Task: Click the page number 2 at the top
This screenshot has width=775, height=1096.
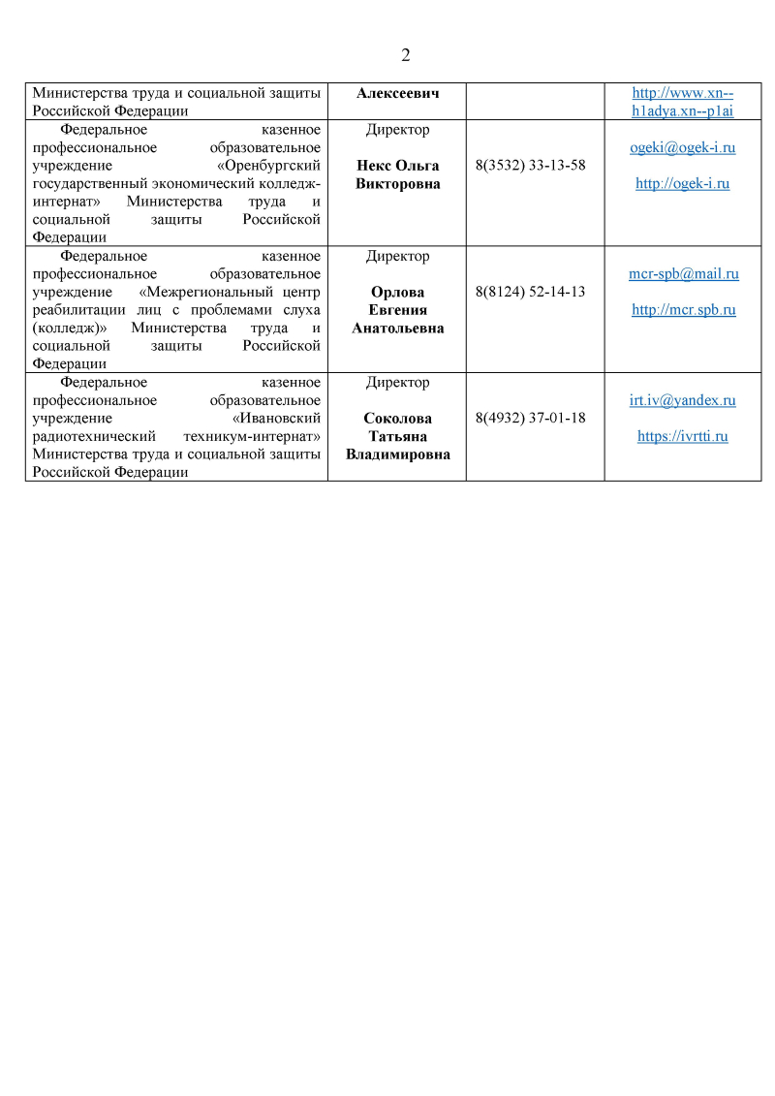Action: pos(405,55)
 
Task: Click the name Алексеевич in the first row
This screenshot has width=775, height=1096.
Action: pos(397,93)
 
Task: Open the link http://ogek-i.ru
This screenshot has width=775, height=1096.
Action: pos(682,183)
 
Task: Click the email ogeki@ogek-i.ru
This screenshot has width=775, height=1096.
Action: pos(682,148)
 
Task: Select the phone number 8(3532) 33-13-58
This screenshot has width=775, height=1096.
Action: pos(531,165)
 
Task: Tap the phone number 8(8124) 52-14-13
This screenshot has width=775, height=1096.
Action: pos(531,291)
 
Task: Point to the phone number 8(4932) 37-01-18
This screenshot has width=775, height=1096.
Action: pos(531,418)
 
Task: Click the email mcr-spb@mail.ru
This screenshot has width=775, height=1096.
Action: pos(683,274)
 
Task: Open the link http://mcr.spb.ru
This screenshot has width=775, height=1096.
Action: pos(683,310)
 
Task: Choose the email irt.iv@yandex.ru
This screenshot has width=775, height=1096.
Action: pos(682,400)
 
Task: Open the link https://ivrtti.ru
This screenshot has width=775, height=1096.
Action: pos(682,436)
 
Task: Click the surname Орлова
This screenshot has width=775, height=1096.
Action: pos(397,292)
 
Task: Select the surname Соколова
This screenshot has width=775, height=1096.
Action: pos(397,419)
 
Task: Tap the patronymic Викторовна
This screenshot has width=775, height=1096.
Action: pos(397,183)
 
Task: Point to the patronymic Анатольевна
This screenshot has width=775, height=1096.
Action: pos(397,329)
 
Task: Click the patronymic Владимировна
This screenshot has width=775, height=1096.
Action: pos(397,454)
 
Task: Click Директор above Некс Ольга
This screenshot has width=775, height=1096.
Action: pos(397,129)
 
